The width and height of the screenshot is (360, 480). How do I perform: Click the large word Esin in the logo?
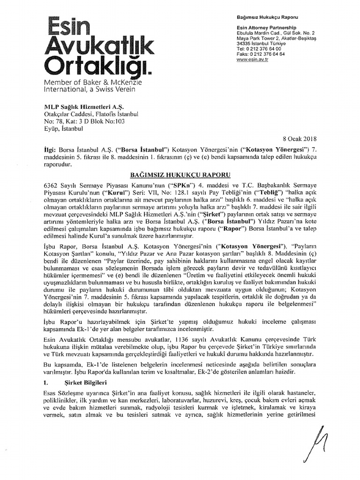(x=71, y=25)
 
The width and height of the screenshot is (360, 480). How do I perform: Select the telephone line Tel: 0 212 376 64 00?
(x=259, y=48)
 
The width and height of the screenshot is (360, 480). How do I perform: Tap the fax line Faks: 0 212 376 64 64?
(x=261, y=54)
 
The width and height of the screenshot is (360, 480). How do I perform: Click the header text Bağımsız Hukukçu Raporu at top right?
(x=267, y=17)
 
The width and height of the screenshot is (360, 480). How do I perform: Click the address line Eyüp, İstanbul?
(x=63, y=128)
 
